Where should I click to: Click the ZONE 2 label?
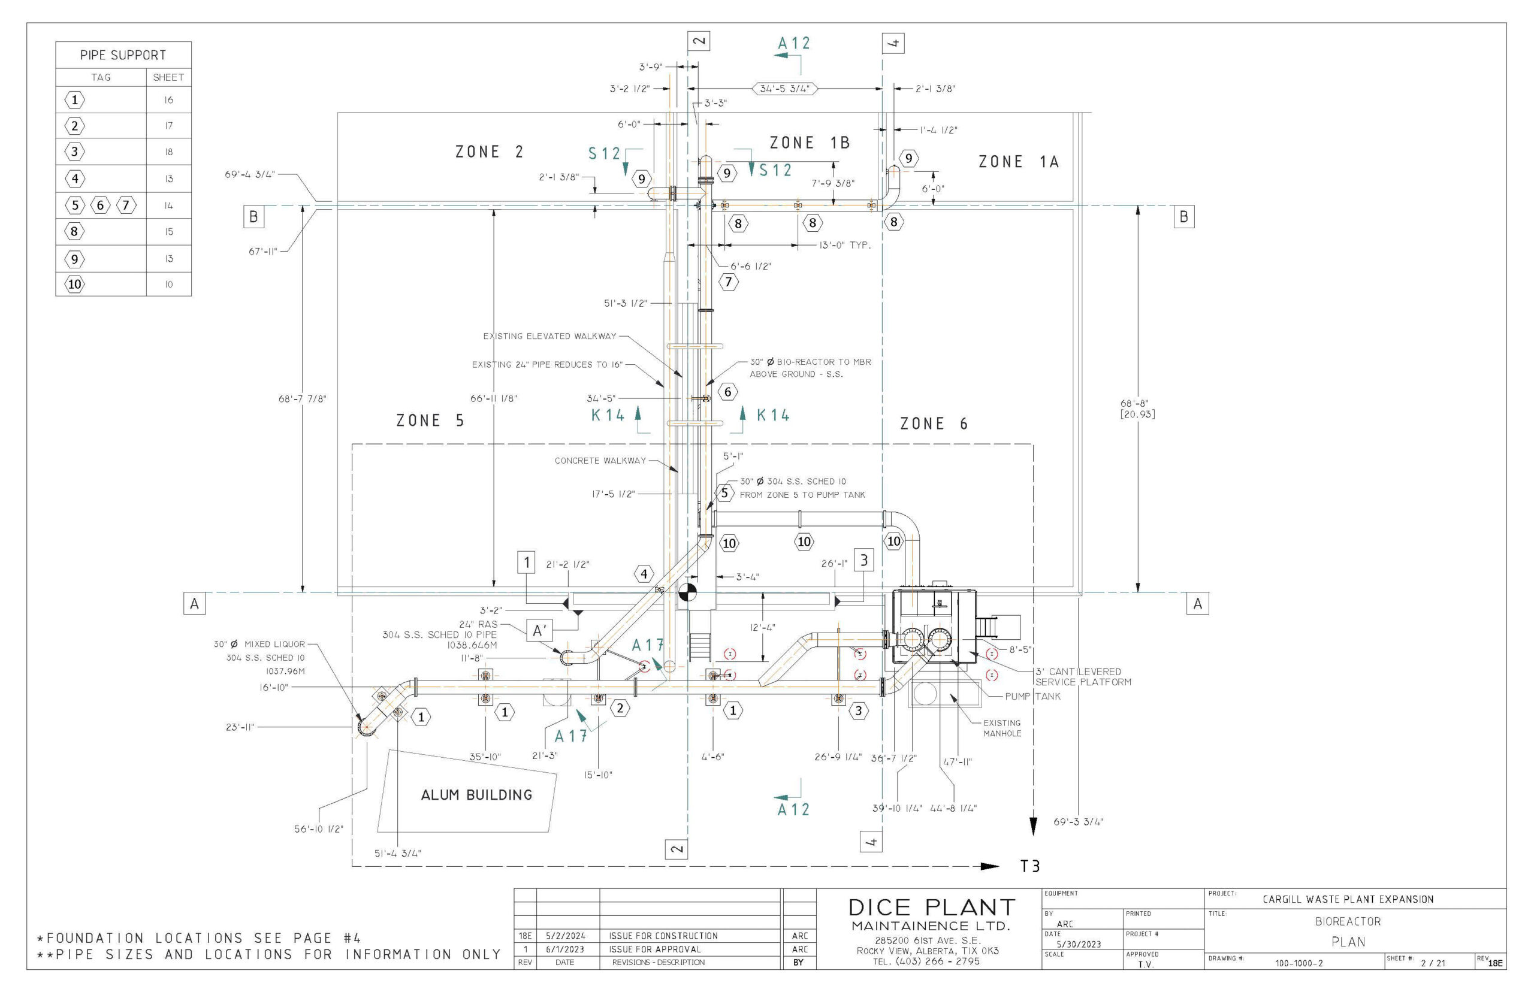click(x=489, y=152)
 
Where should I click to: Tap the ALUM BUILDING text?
click(x=476, y=795)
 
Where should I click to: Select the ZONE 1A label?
click(x=1018, y=162)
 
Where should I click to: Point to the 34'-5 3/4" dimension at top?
click(x=784, y=89)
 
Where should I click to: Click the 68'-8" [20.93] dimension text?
click(x=1137, y=409)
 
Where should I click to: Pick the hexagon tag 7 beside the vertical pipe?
click(x=728, y=282)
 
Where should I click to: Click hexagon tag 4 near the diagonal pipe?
click(x=643, y=573)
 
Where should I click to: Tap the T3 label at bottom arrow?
click(x=1029, y=866)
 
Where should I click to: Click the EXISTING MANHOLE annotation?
click(x=1001, y=728)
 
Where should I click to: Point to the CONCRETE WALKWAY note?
click(x=600, y=461)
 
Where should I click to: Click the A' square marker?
click(x=539, y=631)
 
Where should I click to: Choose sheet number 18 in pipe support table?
click(x=168, y=152)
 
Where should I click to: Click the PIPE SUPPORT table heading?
click(x=123, y=55)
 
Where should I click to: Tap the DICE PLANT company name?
click(x=931, y=908)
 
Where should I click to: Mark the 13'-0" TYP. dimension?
click(x=844, y=246)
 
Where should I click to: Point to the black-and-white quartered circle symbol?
click(x=687, y=592)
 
